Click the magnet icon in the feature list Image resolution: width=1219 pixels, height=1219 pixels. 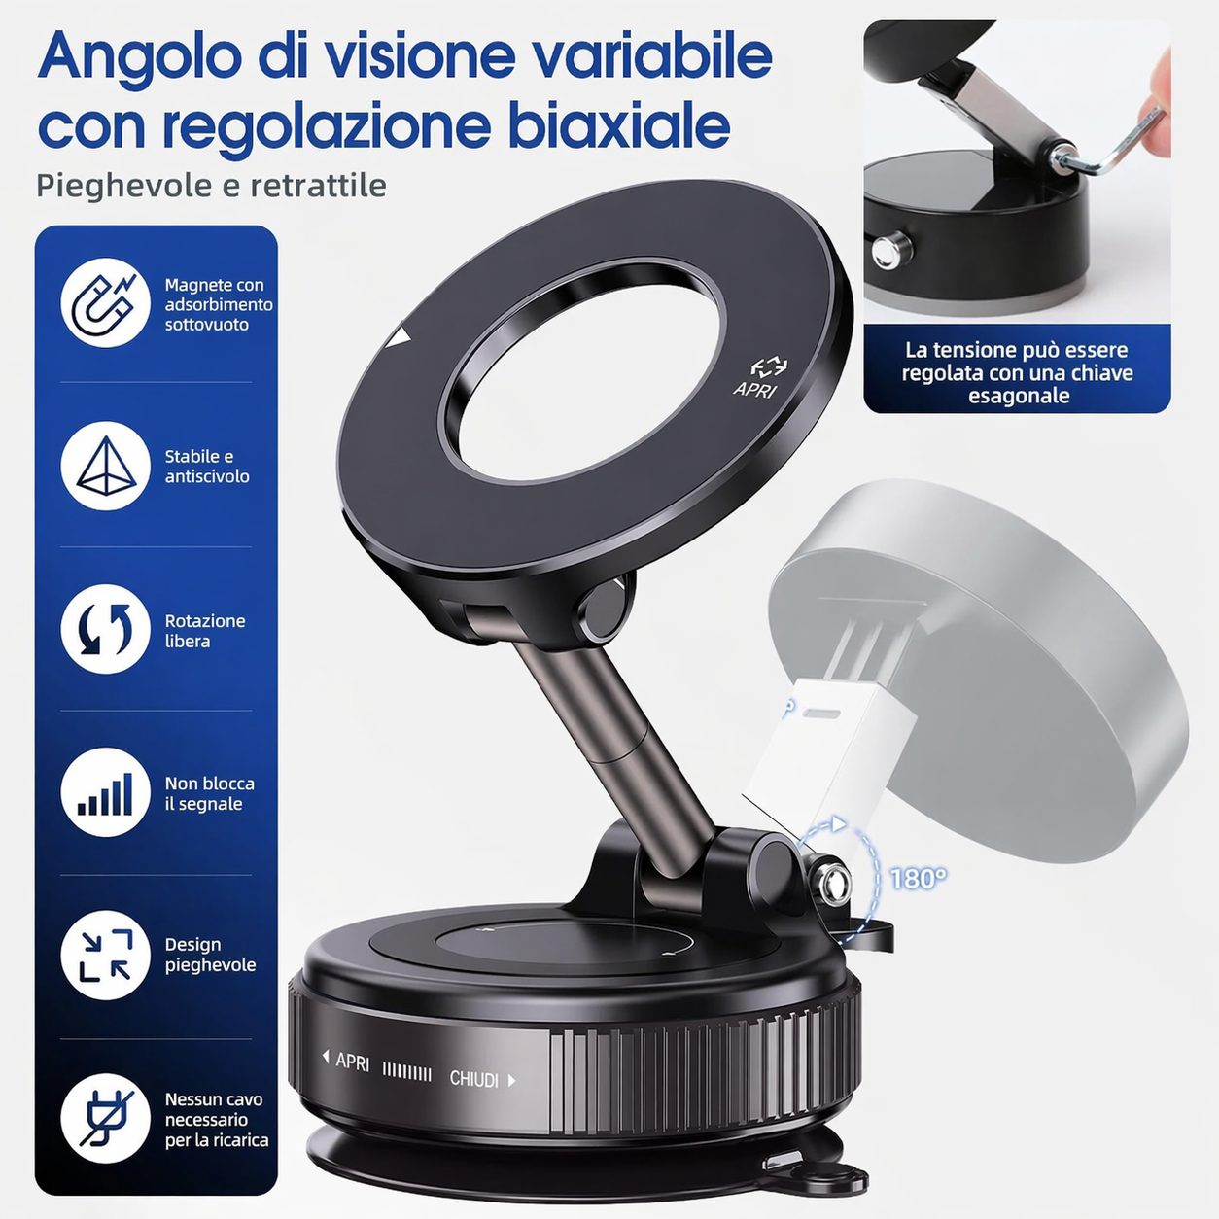pos(105,302)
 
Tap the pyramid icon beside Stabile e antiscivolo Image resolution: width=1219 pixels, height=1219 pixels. pos(105,466)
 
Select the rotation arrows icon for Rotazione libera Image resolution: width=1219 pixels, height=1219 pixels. pos(105,629)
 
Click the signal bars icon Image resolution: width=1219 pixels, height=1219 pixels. pos(105,792)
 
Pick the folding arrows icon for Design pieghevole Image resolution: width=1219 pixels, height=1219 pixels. pos(105,956)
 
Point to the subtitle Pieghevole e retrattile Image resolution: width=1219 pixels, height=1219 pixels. pos(211,186)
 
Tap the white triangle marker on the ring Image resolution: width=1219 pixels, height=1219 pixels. pos(399,338)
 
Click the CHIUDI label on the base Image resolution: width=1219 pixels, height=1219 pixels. pos(473,1079)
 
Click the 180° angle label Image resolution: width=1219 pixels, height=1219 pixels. pos(919,879)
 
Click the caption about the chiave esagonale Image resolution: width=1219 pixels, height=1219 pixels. pos(1017,372)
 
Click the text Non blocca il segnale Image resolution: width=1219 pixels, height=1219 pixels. pos(209,793)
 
